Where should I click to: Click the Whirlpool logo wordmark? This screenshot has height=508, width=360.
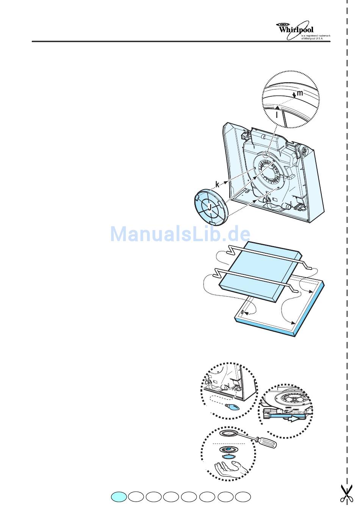click(296, 29)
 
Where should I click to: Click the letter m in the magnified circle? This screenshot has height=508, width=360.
click(299, 93)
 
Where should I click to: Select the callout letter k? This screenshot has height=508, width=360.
click(217, 184)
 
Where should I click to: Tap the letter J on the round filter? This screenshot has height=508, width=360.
click(209, 207)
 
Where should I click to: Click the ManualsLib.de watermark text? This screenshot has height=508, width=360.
click(180, 234)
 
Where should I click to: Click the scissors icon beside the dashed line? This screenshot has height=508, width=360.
click(345, 493)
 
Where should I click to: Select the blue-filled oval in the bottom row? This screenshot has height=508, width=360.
click(119, 497)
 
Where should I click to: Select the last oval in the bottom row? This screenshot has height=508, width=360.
click(243, 497)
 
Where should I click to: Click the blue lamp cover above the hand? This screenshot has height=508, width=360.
click(229, 457)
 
